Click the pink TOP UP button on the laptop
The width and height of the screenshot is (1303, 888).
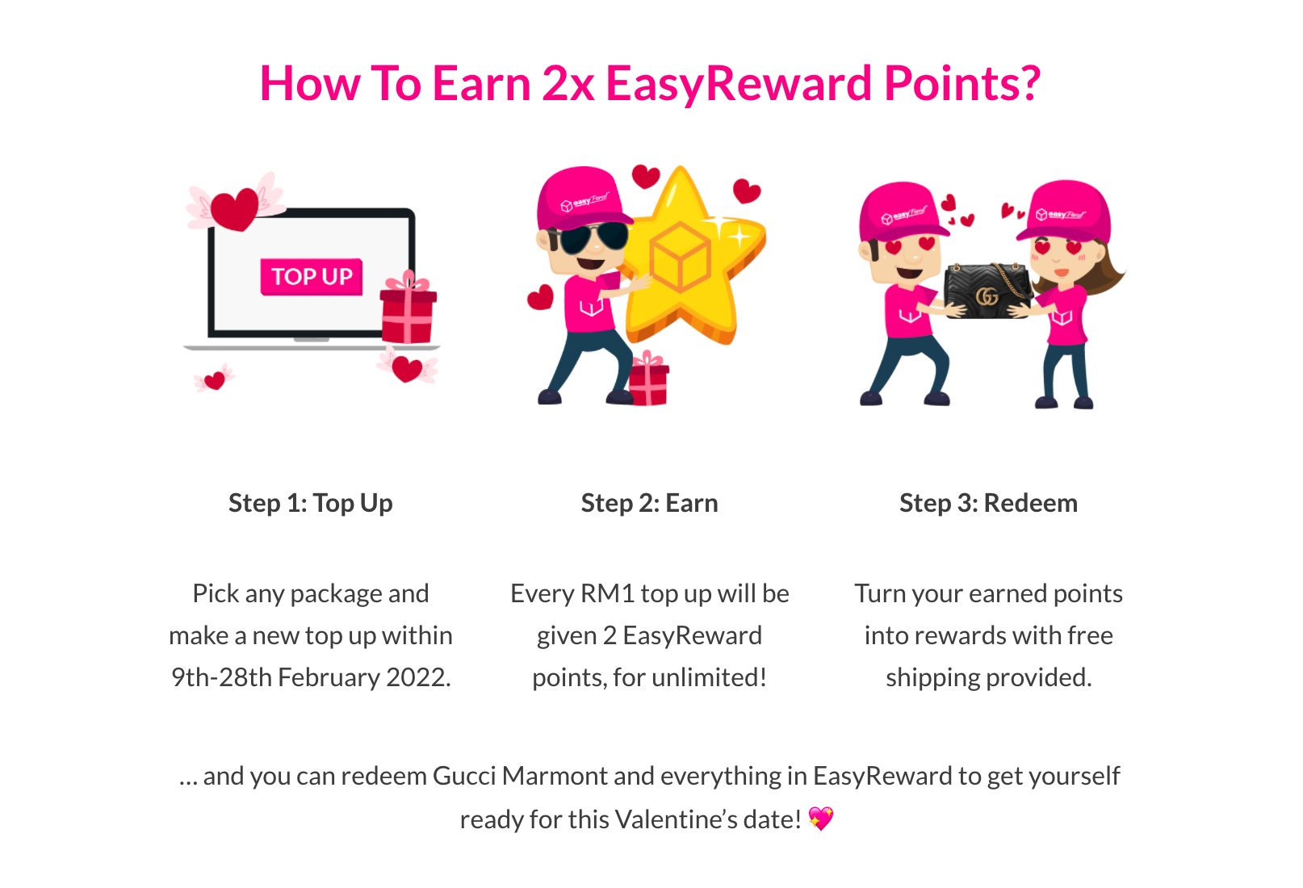pyautogui.click(x=312, y=277)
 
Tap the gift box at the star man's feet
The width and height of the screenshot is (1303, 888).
pyautogui.click(x=648, y=379)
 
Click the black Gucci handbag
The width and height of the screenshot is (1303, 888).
pyautogui.click(x=987, y=290)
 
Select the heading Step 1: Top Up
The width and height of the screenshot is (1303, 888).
pyautogui.click(x=311, y=503)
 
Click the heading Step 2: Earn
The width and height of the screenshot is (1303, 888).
pyautogui.click(x=649, y=503)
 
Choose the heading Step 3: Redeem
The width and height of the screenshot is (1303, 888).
pyautogui.click(x=988, y=503)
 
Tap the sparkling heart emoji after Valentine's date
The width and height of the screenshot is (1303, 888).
pyautogui.click(x=821, y=819)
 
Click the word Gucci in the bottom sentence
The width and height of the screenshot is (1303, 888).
pyautogui.click(x=464, y=777)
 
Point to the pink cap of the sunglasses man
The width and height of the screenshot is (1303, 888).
pyautogui.click(x=582, y=199)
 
